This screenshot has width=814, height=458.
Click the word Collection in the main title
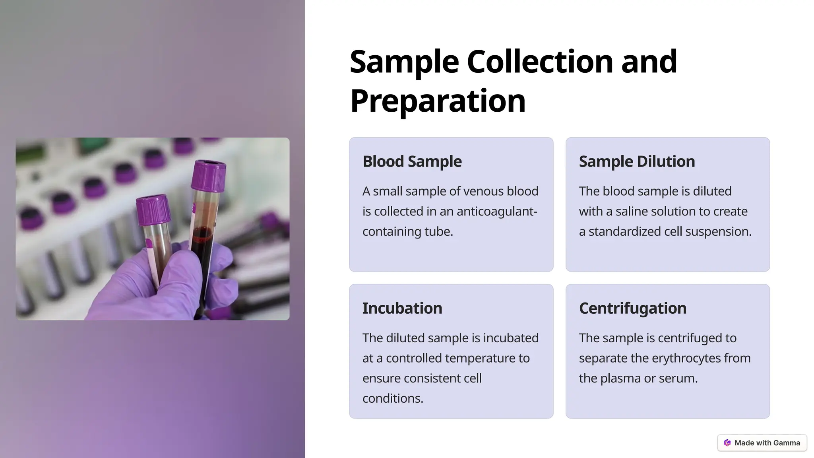pyautogui.click(x=540, y=62)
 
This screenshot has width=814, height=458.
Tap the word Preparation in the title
pyautogui.click(x=438, y=101)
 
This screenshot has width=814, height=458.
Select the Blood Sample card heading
pyautogui.click(x=412, y=161)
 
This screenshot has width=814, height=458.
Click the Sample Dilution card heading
pyautogui.click(x=637, y=161)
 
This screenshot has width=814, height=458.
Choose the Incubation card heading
pyautogui.click(x=402, y=308)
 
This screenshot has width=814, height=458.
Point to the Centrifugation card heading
pyautogui.click(x=632, y=308)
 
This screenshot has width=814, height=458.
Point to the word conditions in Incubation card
pyautogui.click(x=393, y=398)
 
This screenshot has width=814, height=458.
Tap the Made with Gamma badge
pyautogui.click(x=762, y=443)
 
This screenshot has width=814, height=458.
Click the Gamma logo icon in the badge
pyautogui.click(x=727, y=443)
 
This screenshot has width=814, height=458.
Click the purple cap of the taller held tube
pyautogui.click(x=208, y=176)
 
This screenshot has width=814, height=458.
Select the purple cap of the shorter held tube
pyautogui.click(x=153, y=209)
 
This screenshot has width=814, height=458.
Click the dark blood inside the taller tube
pyautogui.click(x=202, y=254)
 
